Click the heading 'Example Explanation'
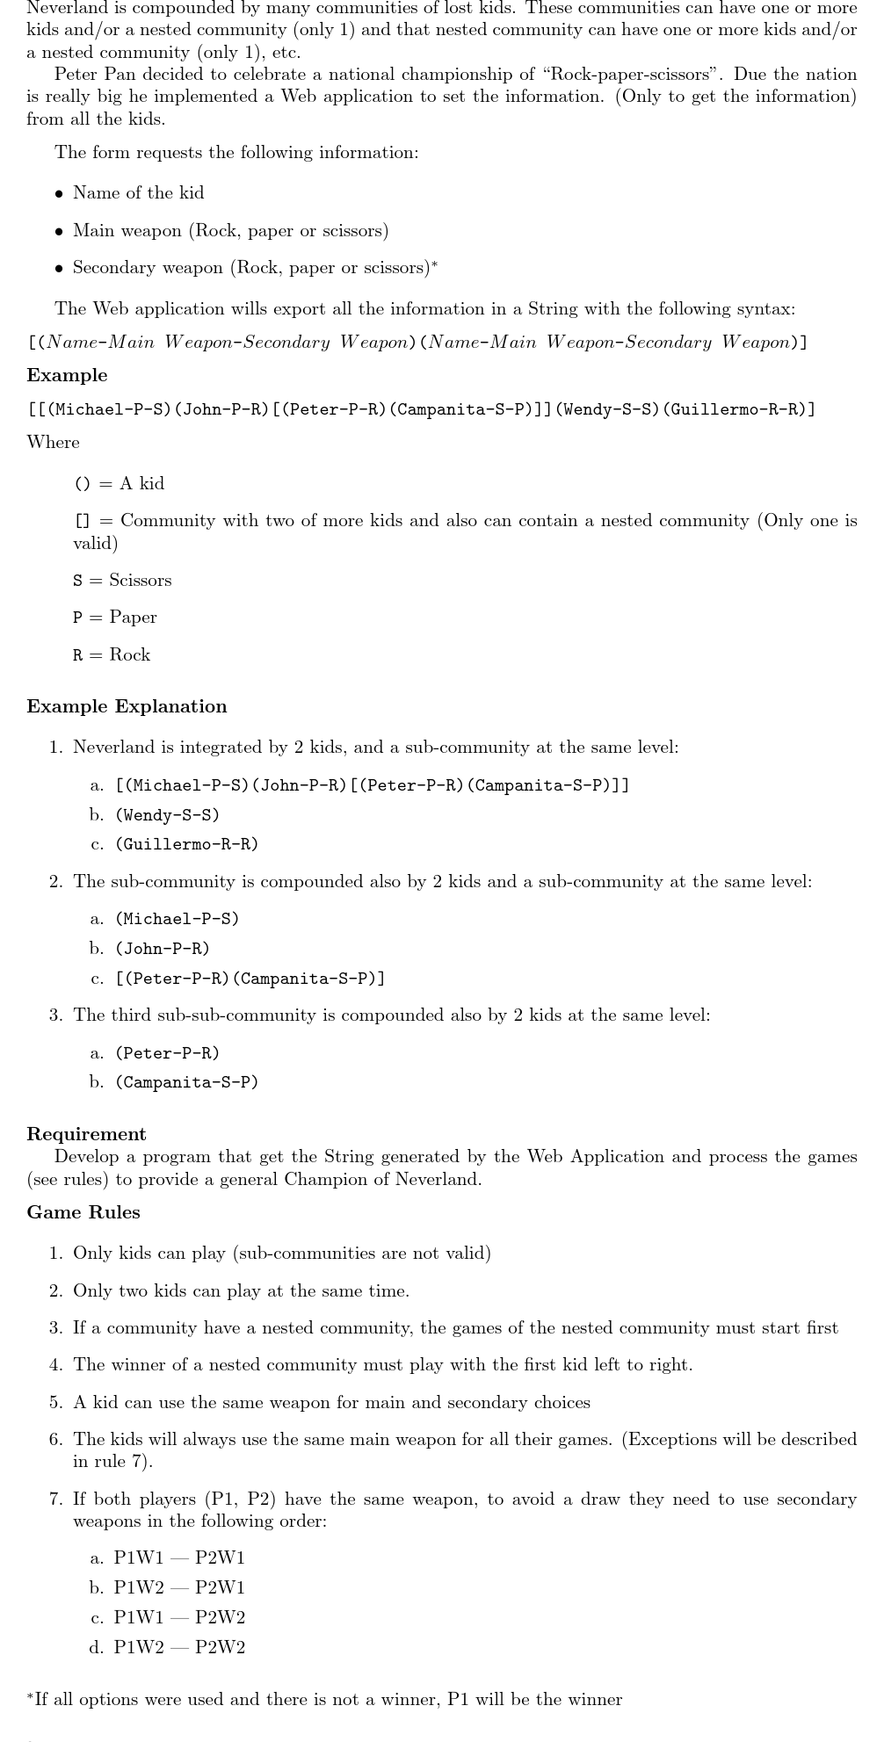(127, 706)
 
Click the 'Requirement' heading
(86, 1133)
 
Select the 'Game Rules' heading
(83, 1212)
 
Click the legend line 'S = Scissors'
(122, 580)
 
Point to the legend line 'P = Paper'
(115, 617)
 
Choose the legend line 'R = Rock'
(112, 654)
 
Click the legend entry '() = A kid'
(119, 483)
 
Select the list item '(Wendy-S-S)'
(167, 814)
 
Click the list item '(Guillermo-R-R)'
(186, 844)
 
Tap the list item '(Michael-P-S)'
(177, 919)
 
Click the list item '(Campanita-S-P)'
(186, 1082)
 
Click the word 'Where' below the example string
(53, 442)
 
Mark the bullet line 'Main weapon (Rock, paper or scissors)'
(230, 230)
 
